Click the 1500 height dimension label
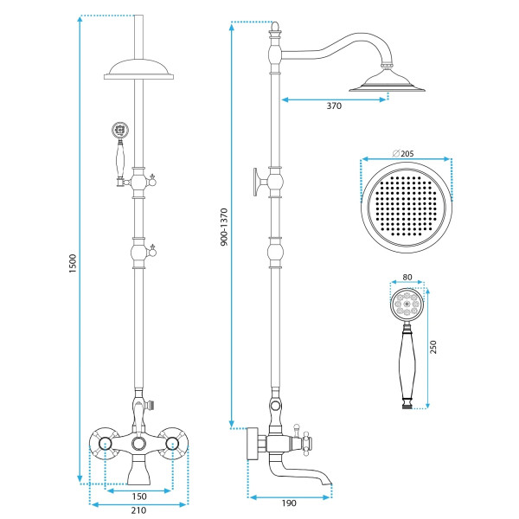tap(73, 264)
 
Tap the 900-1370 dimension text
tap(224, 227)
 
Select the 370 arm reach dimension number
tap(334, 106)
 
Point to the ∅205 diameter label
tap(403, 154)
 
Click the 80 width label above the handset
tap(407, 277)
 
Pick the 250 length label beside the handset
tap(433, 347)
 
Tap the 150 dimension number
tap(139, 497)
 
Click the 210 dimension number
tap(138, 510)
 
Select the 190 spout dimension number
tap(289, 503)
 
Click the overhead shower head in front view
tap(138, 69)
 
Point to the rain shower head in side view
tap(387, 81)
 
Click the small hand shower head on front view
tap(120, 130)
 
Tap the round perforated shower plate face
tap(407, 208)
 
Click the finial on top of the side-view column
tap(275, 29)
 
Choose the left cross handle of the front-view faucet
tap(105, 444)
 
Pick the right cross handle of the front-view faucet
tap(172, 444)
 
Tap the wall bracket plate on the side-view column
tap(256, 182)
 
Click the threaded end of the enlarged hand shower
tap(407, 405)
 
